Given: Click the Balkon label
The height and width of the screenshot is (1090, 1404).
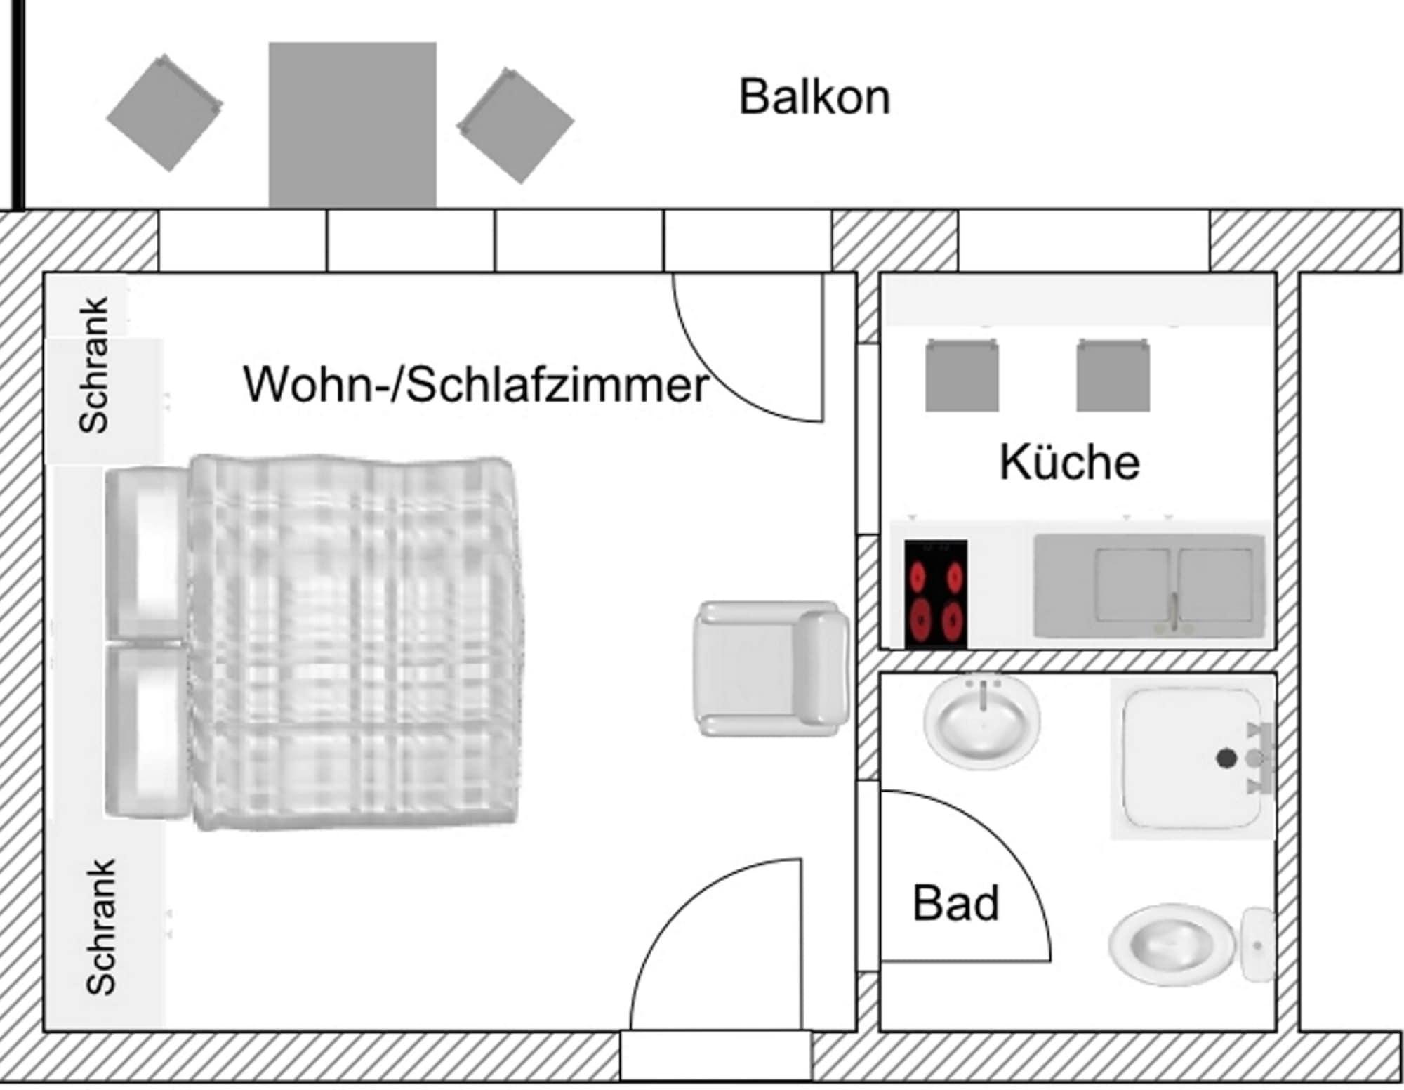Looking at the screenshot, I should click(814, 97).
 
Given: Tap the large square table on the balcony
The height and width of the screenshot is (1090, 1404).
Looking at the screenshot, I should click(352, 124).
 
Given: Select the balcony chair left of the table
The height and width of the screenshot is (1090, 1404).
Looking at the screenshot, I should click(165, 113).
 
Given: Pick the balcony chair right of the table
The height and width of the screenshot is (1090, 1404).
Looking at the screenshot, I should click(515, 126).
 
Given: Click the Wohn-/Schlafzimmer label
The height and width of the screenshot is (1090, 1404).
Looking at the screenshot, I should click(475, 384).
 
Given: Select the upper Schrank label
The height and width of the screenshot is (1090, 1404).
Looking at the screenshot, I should click(93, 365).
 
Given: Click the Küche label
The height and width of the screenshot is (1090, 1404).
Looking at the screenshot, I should click(1069, 462).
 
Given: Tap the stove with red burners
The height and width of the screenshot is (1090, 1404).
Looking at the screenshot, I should click(935, 594).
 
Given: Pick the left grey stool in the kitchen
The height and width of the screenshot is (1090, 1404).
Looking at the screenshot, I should click(961, 376).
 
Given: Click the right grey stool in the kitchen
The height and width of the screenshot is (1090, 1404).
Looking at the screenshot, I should click(1113, 376).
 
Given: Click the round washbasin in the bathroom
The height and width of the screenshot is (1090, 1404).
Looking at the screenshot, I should click(982, 722).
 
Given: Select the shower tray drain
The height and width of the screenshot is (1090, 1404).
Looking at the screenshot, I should click(1226, 759).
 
